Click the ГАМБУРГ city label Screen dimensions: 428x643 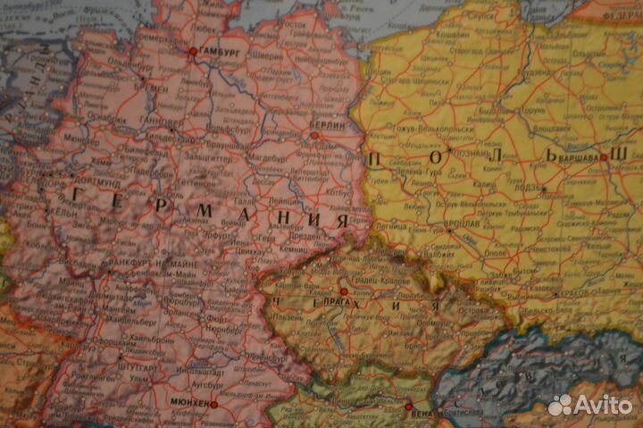pyautogui.click(x=221, y=52)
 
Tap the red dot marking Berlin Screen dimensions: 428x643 pyautogui.click(x=313, y=136)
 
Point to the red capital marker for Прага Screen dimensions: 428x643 pyautogui.click(x=344, y=292)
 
